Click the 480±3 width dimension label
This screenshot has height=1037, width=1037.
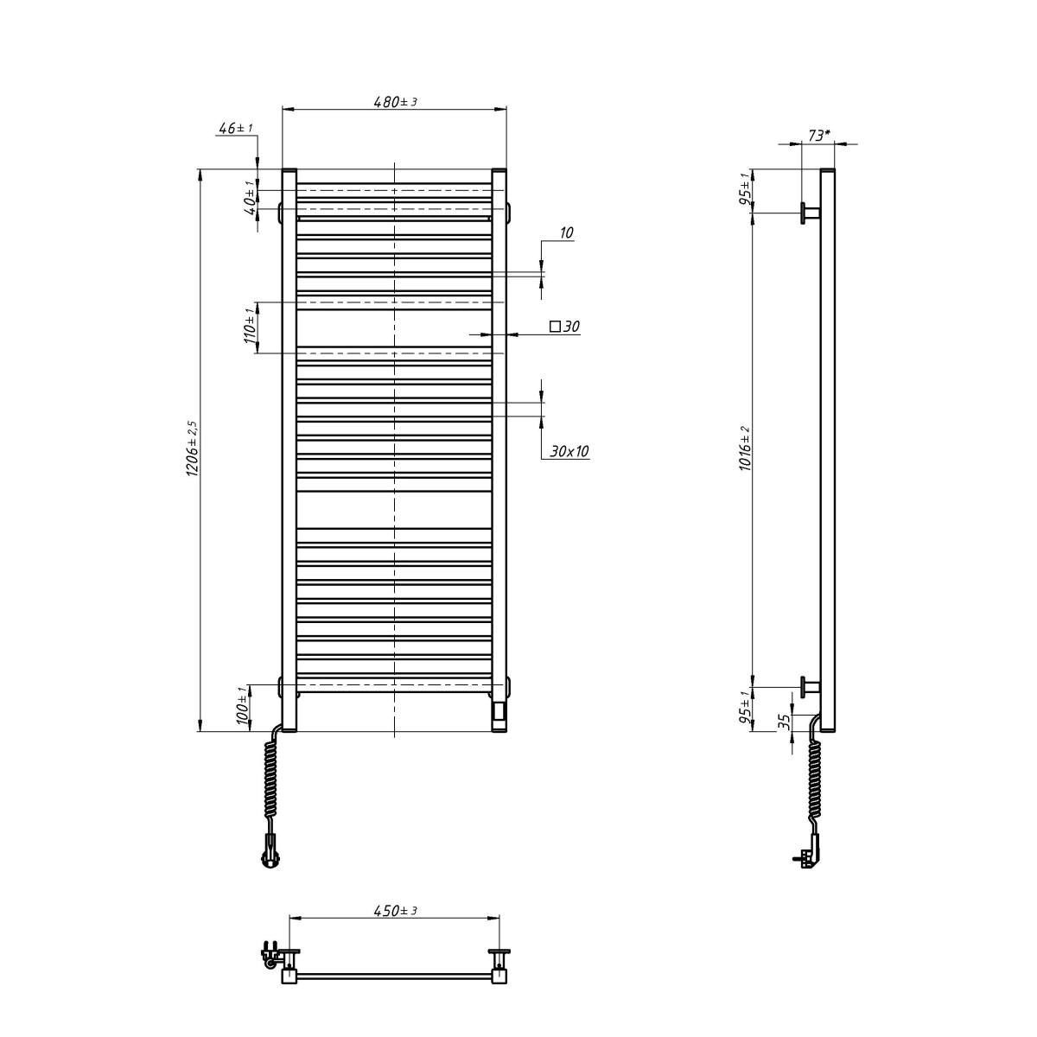pyautogui.click(x=395, y=102)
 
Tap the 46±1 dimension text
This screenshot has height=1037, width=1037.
pyautogui.click(x=235, y=129)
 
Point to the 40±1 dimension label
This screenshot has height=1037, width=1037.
pyautogui.click(x=250, y=198)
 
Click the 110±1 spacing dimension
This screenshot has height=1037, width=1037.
pyautogui.click(x=250, y=327)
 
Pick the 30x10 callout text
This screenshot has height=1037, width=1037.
pyautogui.click(x=568, y=451)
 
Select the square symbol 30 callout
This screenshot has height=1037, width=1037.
pyautogui.click(x=564, y=327)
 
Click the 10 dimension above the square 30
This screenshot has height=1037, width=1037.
pyautogui.click(x=567, y=233)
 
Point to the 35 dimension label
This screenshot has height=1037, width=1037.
pyautogui.click(x=784, y=722)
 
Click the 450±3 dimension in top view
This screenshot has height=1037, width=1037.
pyautogui.click(x=395, y=911)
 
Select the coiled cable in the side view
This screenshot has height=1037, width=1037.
pyautogui.click(x=814, y=778)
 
